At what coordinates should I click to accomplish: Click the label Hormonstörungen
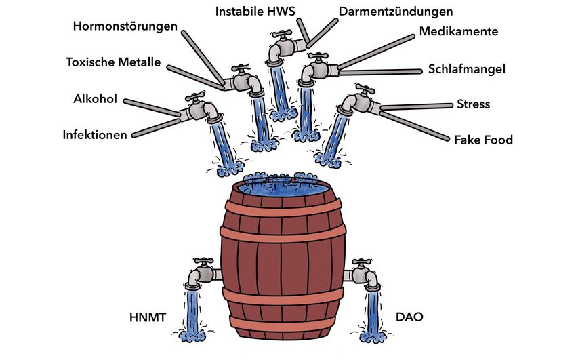[125, 26]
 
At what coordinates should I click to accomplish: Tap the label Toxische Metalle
[113, 62]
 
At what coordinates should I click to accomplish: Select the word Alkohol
[96, 100]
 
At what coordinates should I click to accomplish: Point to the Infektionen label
[95, 135]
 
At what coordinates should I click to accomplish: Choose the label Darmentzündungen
[396, 11]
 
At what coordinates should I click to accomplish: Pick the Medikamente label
[459, 31]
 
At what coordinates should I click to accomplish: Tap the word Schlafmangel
[467, 69]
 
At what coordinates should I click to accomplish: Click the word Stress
[473, 104]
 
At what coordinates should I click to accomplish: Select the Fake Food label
[483, 140]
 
